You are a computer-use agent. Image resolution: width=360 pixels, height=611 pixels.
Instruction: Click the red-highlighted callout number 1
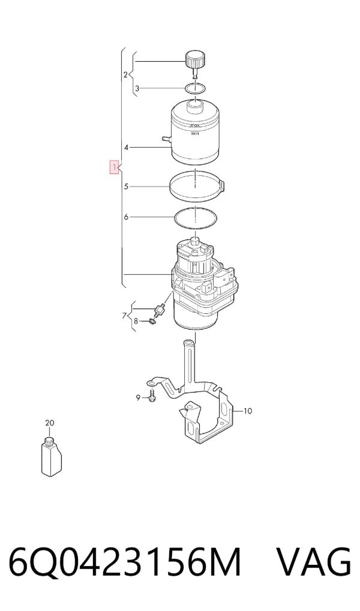pos(114,167)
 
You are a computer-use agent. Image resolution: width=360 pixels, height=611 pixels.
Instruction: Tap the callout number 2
pos(125,74)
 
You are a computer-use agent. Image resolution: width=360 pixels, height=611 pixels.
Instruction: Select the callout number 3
pos(137,88)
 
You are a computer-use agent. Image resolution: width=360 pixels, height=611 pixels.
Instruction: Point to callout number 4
pos(126,147)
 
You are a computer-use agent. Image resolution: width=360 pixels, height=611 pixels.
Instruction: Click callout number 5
pos(126,187)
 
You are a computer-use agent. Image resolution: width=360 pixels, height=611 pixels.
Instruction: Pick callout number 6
pos(126,217)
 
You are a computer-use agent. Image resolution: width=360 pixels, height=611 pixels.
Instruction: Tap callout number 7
pos(124,315)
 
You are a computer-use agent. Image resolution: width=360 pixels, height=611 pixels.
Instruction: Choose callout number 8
pos(136,321)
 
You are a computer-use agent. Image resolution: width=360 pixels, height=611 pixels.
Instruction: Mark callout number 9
pos(137,397)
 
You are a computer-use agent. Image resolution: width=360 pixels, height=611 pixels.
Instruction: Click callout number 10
pos(248,411)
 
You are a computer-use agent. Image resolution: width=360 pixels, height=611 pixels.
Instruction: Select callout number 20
pos(49,423)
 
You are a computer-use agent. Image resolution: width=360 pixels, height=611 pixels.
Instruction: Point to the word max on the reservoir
pos(195,125)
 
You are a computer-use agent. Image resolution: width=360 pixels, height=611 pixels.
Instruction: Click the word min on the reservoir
pos(195,133)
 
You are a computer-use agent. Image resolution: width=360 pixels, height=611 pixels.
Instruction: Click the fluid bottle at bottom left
pos(51,456)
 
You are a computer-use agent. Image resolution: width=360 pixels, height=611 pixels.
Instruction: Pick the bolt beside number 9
pos(152,396)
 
